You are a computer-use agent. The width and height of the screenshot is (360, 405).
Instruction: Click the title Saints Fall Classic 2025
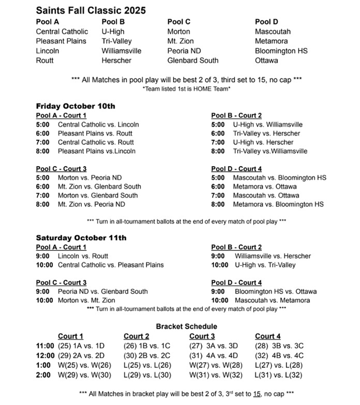click(91, 10)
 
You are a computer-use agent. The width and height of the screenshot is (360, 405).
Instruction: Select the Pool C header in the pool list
click(179, 22)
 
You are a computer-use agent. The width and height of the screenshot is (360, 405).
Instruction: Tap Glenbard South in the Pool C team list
click(192, 60)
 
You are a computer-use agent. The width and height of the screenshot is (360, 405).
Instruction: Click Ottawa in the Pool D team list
click(266, 60)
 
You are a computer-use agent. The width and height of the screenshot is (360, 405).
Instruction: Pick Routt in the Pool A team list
click(45, 60)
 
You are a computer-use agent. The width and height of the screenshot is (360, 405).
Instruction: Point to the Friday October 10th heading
click(75, 106)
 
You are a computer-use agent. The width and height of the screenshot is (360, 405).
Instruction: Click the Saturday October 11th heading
click(81, 238)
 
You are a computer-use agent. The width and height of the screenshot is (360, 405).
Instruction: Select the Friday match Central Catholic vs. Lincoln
click(98, 124)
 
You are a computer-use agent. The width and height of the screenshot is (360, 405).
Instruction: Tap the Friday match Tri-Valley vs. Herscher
click(266, 133)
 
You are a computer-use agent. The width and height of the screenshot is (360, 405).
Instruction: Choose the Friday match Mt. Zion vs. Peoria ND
click(91, 204)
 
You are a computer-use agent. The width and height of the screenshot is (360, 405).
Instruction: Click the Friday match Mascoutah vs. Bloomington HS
click(280, 178)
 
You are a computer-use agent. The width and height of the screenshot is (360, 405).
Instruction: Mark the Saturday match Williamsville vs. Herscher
click(272, 256)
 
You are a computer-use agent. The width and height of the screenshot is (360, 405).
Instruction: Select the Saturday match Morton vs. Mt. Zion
click(86, 300)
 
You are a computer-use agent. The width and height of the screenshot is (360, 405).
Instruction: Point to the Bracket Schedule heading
click(186, 327)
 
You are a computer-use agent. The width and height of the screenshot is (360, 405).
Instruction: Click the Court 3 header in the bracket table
click(202, 336)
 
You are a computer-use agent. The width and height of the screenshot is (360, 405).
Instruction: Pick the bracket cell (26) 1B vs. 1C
click(147, 346)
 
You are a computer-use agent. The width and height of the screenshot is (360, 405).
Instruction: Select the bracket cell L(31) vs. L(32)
click(278, 375)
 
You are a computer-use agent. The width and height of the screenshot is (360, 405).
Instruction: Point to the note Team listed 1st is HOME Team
click(186, 89)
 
